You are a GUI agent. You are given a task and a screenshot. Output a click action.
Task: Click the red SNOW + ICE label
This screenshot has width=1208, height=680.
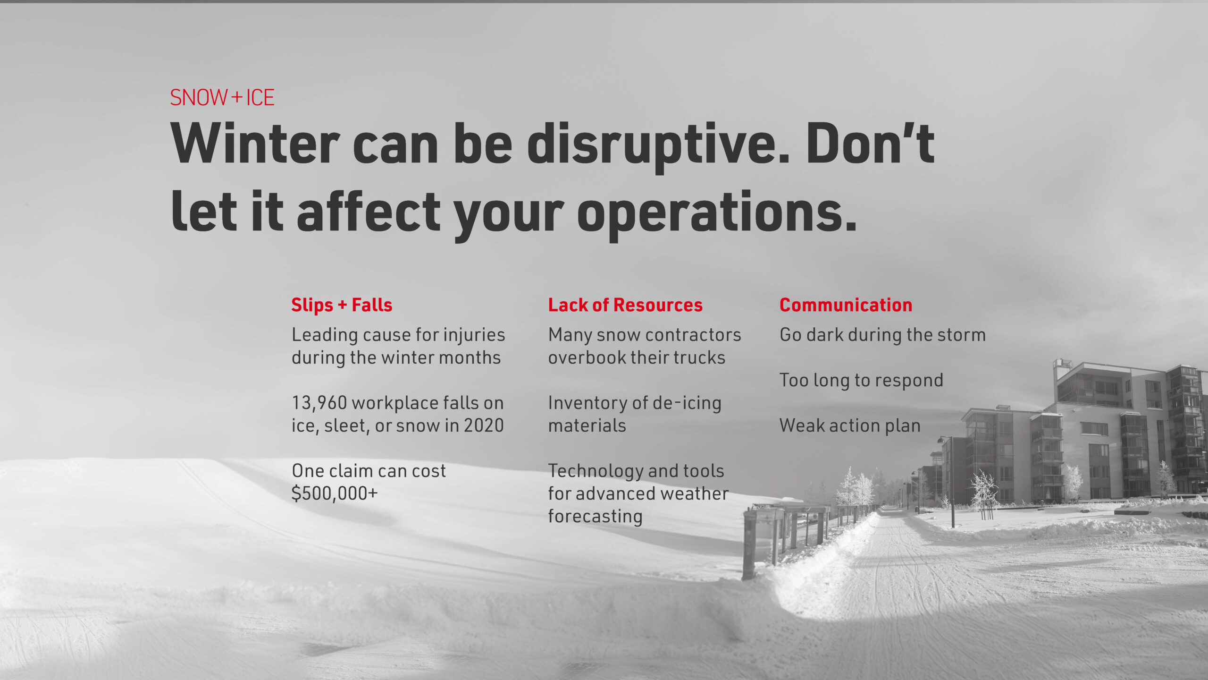pyautogui.click(x=222, y=98)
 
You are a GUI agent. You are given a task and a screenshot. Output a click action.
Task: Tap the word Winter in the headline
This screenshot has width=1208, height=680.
pyautogui.click(x=255, y=144)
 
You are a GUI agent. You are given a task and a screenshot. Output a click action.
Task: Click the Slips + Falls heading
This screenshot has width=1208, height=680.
pyautogui.click(x=342, y=305)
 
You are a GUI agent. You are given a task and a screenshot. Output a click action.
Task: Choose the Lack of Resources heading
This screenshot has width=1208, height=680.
pyautogui.click(x=625, y=305)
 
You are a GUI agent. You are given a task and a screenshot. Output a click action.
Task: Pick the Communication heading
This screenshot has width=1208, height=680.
pyautogui.click(x=846, y=305)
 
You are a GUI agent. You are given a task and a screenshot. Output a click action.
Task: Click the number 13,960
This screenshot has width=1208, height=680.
pyautogui.click(x=319, y=403)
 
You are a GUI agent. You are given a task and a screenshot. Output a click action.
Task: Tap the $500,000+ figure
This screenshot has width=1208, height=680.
pyautogui.click(x=335, y=493)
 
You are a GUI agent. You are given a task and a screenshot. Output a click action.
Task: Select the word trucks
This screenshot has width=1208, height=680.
pyautogui.click(x=699, y=357)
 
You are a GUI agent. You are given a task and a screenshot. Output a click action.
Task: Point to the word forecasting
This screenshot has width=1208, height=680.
pyautogui.click(x=595, y=517)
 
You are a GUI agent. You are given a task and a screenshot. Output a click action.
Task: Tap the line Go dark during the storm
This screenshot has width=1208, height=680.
pyautogui.click(x=882, y=335)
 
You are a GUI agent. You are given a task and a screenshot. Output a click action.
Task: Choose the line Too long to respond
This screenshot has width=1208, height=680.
pyautogui.click(x=861, y=381)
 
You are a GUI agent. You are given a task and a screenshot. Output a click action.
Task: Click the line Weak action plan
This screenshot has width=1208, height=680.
pyautogui.click(x=850, y=426)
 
